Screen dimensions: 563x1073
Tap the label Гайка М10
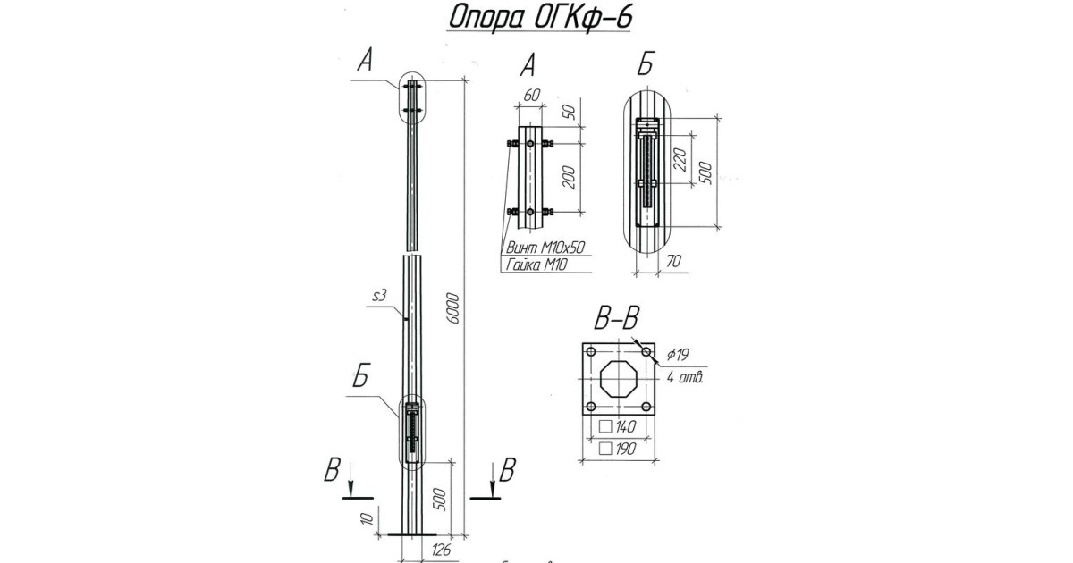(536, 265)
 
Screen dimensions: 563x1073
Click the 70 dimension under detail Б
(675, 260)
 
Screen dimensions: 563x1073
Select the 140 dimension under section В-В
(623, 426)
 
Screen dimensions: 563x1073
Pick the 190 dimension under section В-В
(623, 449)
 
